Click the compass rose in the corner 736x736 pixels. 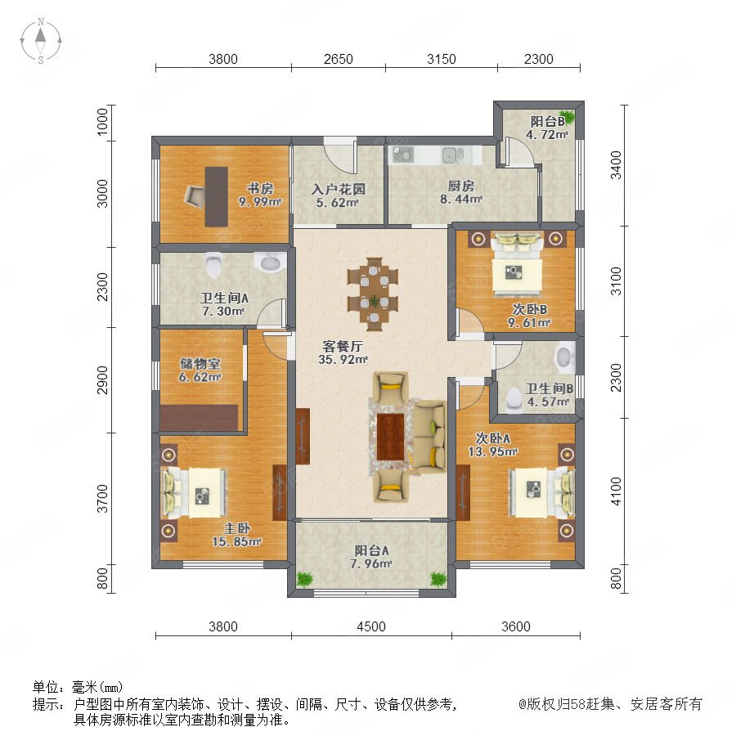(x=41, y=40)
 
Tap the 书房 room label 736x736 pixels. (x=260, y=188)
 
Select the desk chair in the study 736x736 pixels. (x=195, y=195)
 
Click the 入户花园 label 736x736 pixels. (x=338, y=189)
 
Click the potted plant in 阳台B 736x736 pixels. (x=567, y=116)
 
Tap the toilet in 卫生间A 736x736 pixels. (x=213, y=265)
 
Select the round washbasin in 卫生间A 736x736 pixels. (x=270, y=263)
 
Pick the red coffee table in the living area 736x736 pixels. (x=391, y=438)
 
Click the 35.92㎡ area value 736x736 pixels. (x=343, y=360)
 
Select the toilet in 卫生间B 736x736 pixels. (x=514, y=398)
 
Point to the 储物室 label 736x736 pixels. (x=200, y=364)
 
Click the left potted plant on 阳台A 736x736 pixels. (x=305, y=578)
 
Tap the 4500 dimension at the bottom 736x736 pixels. (x=370, y=626)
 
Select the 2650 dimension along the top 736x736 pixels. (x=338, y=59)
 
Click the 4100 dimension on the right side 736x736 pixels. (x=616, y=491)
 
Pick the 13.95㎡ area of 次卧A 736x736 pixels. (x=493, y=451)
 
